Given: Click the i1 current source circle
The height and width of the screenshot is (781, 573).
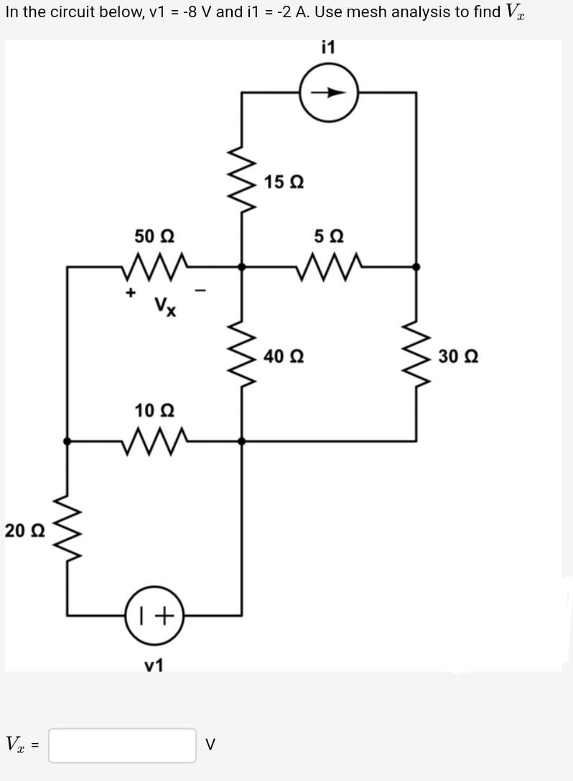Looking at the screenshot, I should point(329,93).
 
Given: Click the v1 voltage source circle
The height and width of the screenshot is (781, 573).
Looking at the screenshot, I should point(155,615).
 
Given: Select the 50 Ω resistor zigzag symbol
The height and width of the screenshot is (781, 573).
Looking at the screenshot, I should point(155,267).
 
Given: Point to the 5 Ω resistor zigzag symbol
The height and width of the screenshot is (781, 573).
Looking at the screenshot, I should point(329,267).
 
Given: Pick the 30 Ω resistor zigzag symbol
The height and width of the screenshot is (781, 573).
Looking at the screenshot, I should point(416,355).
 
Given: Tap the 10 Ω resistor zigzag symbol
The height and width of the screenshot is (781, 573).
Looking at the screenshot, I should point(155,440).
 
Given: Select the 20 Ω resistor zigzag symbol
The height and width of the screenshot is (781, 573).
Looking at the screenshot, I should point(67,530).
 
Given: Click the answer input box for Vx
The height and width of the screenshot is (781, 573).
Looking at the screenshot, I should point(122,745).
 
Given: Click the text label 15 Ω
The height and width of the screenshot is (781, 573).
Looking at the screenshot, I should point(284,182).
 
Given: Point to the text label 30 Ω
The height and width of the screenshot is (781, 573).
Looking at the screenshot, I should point(457,356).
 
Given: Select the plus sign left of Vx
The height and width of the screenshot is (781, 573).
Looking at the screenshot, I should point(131,292).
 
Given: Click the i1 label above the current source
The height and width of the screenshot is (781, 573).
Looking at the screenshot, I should point(328,47).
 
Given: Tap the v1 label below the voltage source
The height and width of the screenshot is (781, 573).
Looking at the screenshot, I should point(154,665).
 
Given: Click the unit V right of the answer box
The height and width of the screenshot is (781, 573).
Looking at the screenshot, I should point(210,745).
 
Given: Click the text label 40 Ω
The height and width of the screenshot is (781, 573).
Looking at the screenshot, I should point(284,356).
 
